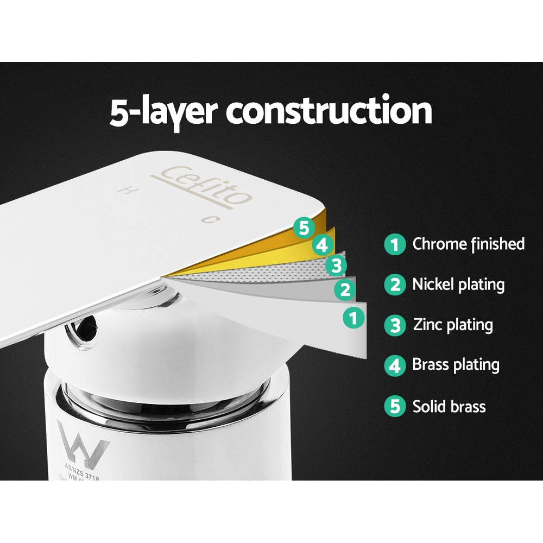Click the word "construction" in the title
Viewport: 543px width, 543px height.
(329, 112)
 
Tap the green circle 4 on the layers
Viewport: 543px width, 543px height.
(323, 245)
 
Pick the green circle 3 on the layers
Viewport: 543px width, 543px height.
(336, 266)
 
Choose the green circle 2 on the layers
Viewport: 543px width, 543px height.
(345, 290)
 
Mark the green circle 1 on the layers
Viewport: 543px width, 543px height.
(354, 317)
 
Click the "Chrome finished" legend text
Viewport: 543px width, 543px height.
(469, 244)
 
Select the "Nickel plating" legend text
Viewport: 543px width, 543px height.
(458, 284)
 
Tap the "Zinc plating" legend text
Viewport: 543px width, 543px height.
(453, 325)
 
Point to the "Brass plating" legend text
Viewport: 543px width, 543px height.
(456, 364)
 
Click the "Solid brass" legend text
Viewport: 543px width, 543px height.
(449, 406)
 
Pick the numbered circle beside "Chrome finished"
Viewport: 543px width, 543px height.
(395, 244)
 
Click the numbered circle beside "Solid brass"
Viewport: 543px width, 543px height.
(395, 406)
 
